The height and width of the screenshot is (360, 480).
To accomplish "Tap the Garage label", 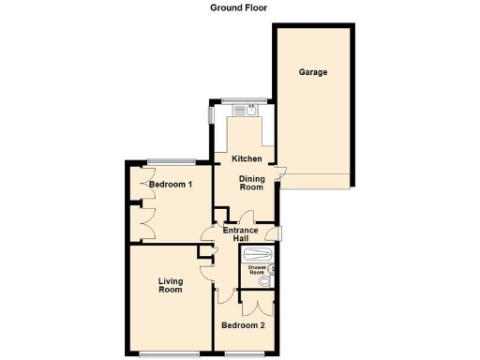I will click(x=313, y=72).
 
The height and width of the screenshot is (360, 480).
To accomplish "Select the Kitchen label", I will click(x=247, y=158).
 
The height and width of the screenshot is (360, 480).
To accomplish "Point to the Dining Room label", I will click(x=251, y=182).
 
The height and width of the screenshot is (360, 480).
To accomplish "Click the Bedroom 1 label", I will click(x=170, y=185).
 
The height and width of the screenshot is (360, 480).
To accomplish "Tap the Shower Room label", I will click(x=256, y=271).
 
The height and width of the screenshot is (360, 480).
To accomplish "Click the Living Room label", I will click(x=170, y=285).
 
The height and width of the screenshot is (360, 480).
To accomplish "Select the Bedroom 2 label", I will click(x=243, y=325).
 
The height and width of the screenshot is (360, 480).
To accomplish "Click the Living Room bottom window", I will click(x=170, y=353).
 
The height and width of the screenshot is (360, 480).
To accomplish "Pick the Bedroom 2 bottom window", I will click(x=244, y=353).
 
